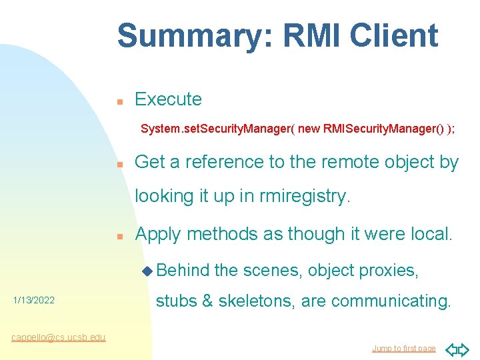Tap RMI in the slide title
[304, 35]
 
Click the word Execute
[168, 99]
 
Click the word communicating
[391, 301]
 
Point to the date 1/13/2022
[34, 301]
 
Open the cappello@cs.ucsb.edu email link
[59, 337]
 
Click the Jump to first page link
[403, 349]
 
